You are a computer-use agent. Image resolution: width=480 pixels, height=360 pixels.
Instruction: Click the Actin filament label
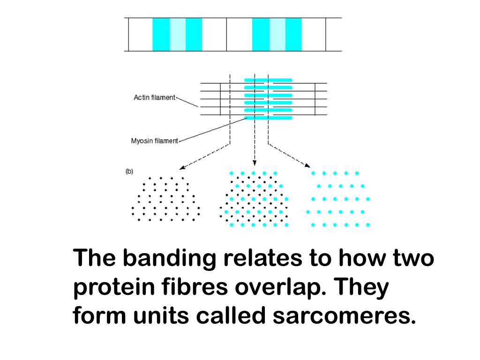coord(154,97)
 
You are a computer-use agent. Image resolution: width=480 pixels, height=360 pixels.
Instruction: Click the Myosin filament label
coord(154,140)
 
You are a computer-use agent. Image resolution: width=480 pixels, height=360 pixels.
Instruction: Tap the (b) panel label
coord(129,172)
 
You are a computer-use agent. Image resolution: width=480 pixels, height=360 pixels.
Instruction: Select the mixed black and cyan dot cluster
coord(254,199)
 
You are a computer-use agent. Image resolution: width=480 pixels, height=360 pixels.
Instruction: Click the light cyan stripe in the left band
coord(177,34)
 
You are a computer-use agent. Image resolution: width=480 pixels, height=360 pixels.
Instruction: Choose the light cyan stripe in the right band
coord(277,34)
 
